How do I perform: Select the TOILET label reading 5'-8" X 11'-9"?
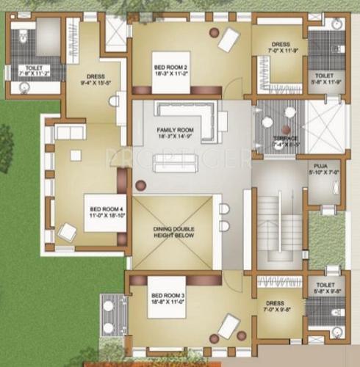(x=324, y=79)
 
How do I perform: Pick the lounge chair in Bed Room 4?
(x=68, y=233)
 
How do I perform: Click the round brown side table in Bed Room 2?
(x=213, y=32)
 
